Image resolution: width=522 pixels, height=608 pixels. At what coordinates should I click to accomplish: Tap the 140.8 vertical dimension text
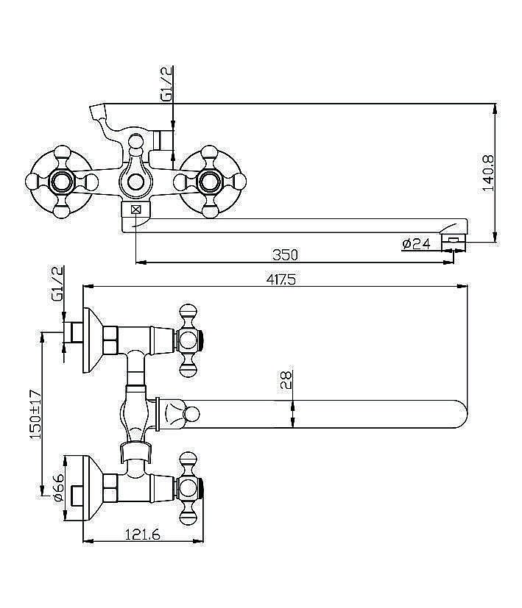488,174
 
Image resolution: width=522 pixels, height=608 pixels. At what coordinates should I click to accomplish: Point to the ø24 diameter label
416,243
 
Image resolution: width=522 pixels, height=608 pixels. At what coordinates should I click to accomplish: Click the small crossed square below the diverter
135,210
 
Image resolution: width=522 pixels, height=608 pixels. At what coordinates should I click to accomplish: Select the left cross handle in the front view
60,180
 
